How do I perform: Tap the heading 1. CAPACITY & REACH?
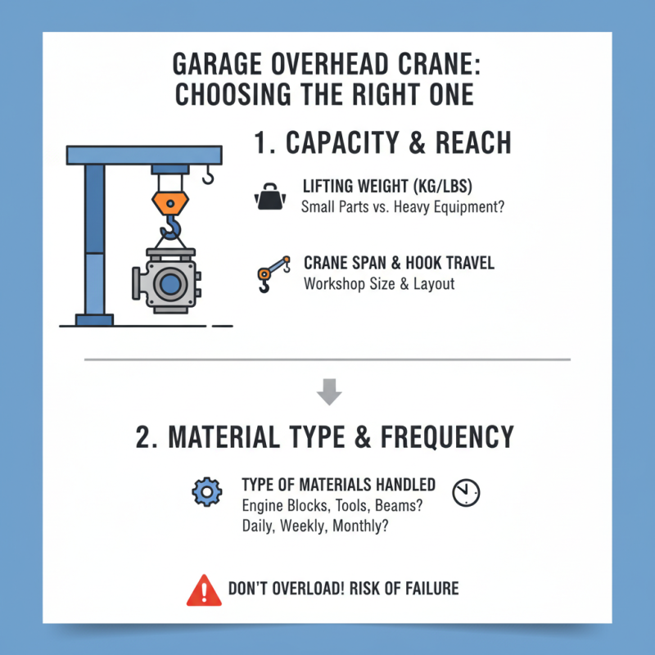point(382,142)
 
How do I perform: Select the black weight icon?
point(271,196)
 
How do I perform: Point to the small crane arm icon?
point(273,273)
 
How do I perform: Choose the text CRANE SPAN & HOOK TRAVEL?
point(399,264)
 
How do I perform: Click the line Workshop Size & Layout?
point(379,284)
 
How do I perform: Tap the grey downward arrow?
point(328,393)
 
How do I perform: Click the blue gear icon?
point(206,492)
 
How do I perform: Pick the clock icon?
point(466,492)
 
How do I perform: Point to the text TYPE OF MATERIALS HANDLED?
point(338,486)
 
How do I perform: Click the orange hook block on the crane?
point(170,200)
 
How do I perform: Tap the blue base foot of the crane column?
point(94,319)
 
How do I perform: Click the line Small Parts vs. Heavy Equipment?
point(403,207)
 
